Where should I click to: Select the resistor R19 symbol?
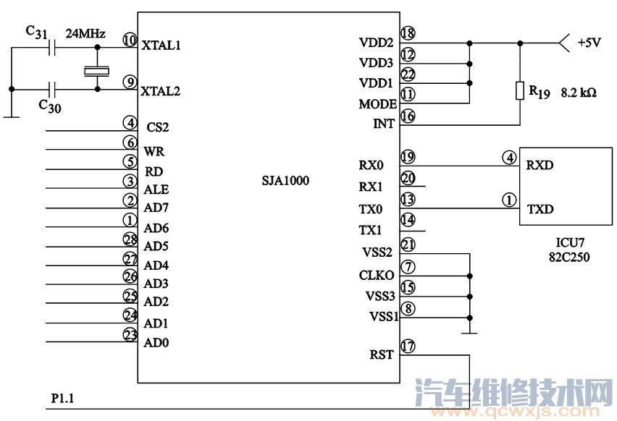(519, 91)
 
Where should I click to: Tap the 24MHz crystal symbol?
(96, 70)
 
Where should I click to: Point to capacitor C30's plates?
(51, 90)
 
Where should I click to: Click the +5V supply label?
(588, 43)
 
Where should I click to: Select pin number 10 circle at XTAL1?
(130, 41)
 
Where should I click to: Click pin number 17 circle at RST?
(408, 346)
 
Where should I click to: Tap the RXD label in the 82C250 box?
(540, 165)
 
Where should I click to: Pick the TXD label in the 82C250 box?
(540, 209)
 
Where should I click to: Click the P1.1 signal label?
(63, 399)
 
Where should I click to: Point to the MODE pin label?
(377, 104)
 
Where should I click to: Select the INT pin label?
(383, 124)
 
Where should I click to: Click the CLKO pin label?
(377, 276)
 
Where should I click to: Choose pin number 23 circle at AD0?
(130, 335)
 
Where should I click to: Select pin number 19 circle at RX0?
(408, 156)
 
